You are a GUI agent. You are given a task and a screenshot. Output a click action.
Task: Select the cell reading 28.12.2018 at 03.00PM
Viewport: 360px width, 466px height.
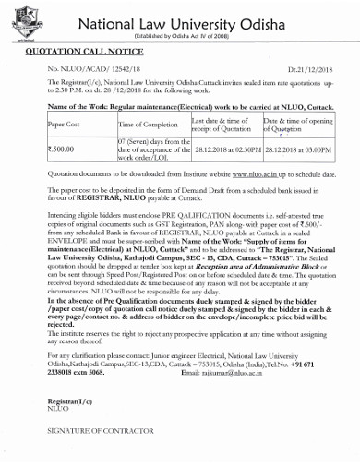tap(297, 148)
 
